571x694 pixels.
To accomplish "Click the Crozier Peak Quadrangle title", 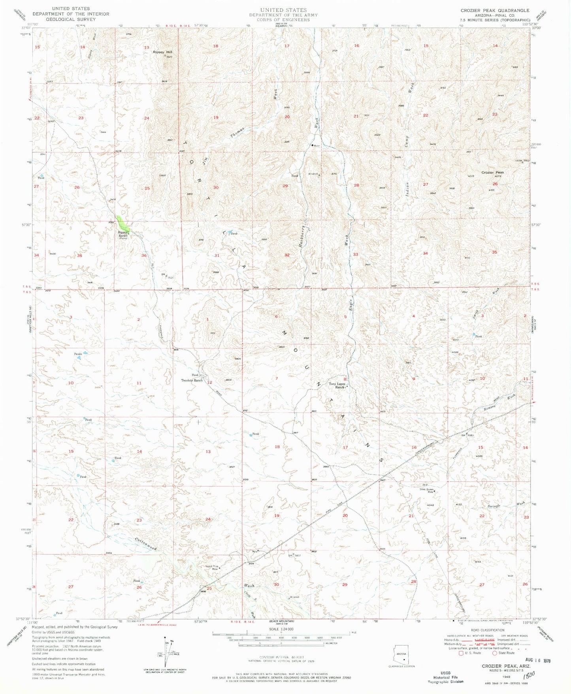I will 494,11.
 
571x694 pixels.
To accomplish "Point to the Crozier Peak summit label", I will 492,173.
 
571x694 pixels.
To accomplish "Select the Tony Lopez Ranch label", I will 335,386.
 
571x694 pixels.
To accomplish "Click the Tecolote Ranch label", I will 192,380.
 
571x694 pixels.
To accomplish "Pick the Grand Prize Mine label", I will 211,567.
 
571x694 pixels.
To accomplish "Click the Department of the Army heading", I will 283,15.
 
